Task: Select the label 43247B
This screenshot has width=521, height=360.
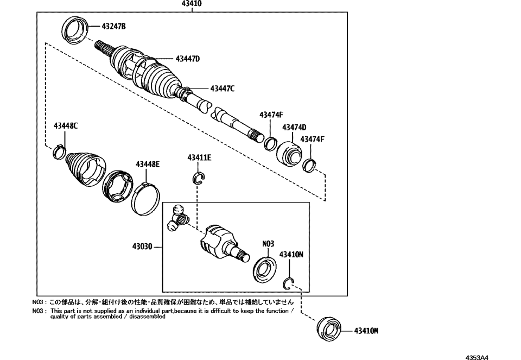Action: pyautogui.click(x=113, y=26)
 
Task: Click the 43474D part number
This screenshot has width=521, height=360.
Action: pyautogui.click(x=294, y=127)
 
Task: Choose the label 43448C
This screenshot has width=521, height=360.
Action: pyautogui.click(x=66, y=126)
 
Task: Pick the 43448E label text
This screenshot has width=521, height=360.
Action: pyautogui.click(x=148, y=163)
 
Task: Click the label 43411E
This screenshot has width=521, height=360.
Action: pyautogui.click(x=199, y=158)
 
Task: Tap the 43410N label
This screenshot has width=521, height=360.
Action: pyautogui.click(x=291, y=254)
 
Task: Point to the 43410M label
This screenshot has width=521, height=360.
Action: pyautogui.click(x=366, y=330)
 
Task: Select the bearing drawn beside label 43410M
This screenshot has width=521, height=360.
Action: pyautogui.click(x=327, y=329)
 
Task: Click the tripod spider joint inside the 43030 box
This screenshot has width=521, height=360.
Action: pyautogui.click(x=178, y=218)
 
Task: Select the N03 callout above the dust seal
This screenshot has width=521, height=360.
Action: pyautogui.click(x=268, y=244)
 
